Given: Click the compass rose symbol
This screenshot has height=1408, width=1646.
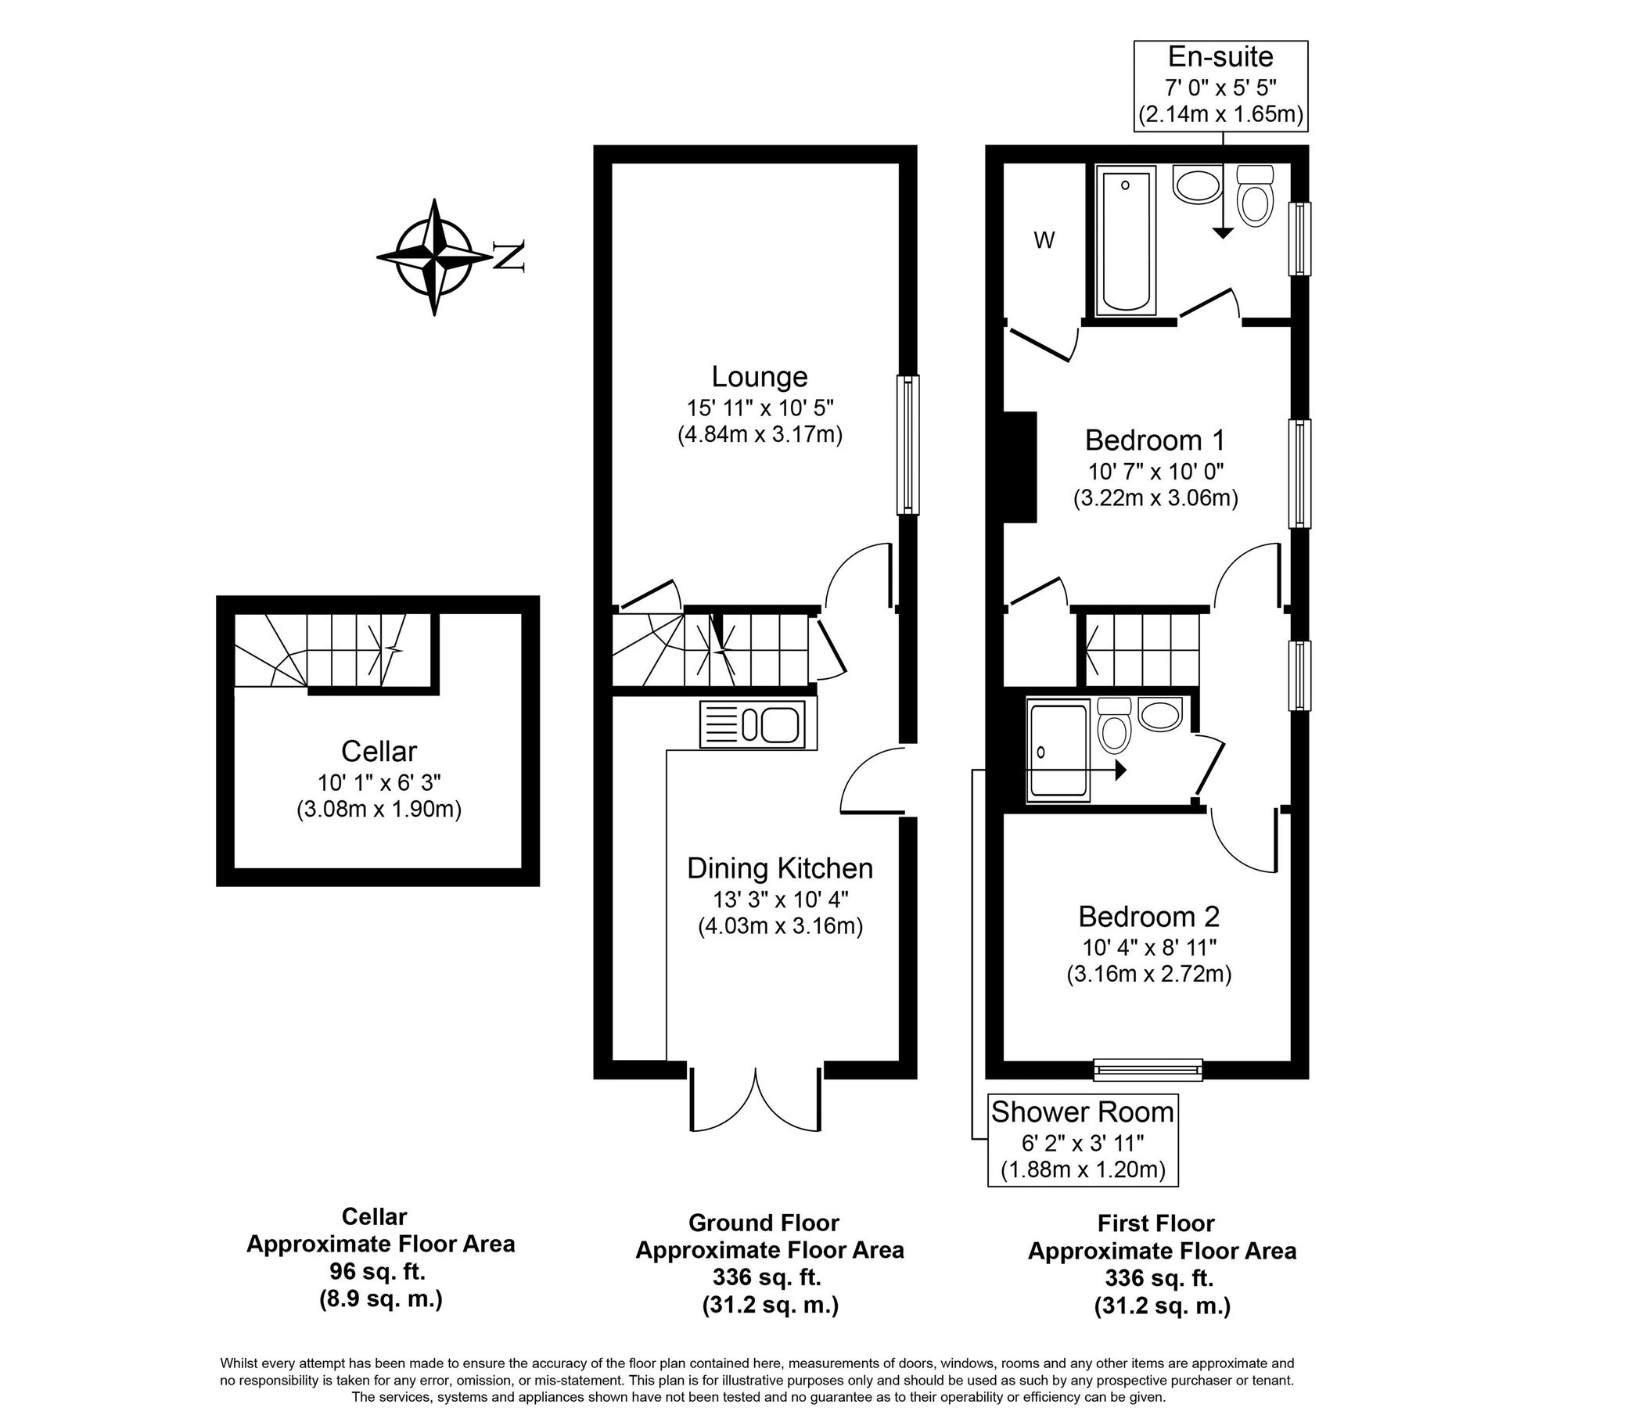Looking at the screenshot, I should (x=433, y=257).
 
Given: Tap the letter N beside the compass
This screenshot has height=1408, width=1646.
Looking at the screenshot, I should (x=509, y=256).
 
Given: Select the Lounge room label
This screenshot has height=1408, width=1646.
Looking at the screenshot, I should (x=760, y=376).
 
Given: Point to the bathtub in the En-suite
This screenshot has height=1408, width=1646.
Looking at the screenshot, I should (x=1126, y=240).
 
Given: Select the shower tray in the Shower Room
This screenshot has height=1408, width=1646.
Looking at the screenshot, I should (x=1058, y=750).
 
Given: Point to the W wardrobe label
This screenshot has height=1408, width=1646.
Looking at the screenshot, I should (x=1044, y=241).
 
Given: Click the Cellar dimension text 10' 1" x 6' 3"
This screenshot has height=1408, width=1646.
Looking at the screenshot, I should (x=379, y=782).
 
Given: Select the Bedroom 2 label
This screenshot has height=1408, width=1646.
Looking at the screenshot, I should (x=1148, y=918).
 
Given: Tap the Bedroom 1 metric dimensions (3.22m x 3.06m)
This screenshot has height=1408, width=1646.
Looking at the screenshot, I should (x=1155, y=499).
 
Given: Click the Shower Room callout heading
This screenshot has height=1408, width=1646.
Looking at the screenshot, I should (x=1082, y=1112).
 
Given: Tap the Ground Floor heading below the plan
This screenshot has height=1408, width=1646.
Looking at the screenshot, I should (x=764, y=1222).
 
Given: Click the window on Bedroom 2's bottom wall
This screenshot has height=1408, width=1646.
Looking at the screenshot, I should (x=1148, y=1070).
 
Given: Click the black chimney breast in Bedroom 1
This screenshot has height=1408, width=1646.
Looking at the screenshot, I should (x=1021, y=466).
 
